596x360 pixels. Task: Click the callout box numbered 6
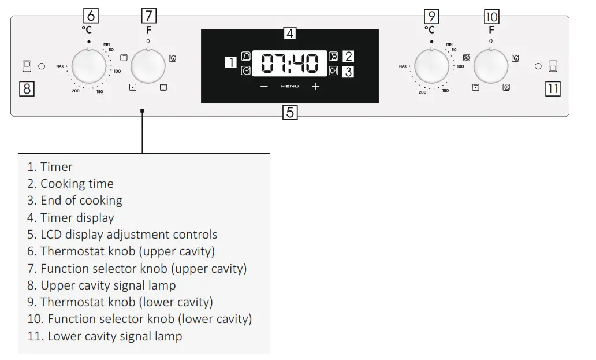pyautogui.click(x=90, y=16)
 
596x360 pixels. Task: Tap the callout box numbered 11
pyautogui.click(x=553, y=89)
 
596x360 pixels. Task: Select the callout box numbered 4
pyautogui.click(x=290, y=33)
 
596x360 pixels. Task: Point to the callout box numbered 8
pyautogui.click(x=27, y=89)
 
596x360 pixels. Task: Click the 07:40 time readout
pyautogui.click(x=290, y=64)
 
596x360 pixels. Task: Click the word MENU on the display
pyautogui.click(x=290, y=87)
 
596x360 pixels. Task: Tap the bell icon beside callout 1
pyautogui.click(x=247, y=56)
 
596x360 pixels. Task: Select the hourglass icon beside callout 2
pyautogui.click(x=333, y=57)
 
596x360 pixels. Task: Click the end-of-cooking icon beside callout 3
pyautogui.click(x=333, y=70)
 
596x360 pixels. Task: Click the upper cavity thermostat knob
pyautogui.click(x=89, y=66)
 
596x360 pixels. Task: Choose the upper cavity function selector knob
pyautogui.click(x=148, y=66)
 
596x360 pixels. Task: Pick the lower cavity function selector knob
pyautogui.click(x=491, y=66)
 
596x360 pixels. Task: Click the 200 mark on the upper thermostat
pyautogui.click(x=76, y=91)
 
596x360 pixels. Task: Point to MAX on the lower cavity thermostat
pyautogui.click(x=403, y=66)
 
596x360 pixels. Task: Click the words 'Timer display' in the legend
pyautogui.click(x=77, y=218)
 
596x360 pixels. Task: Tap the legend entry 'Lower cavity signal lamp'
pyautogui.click(x=114, y=336)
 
